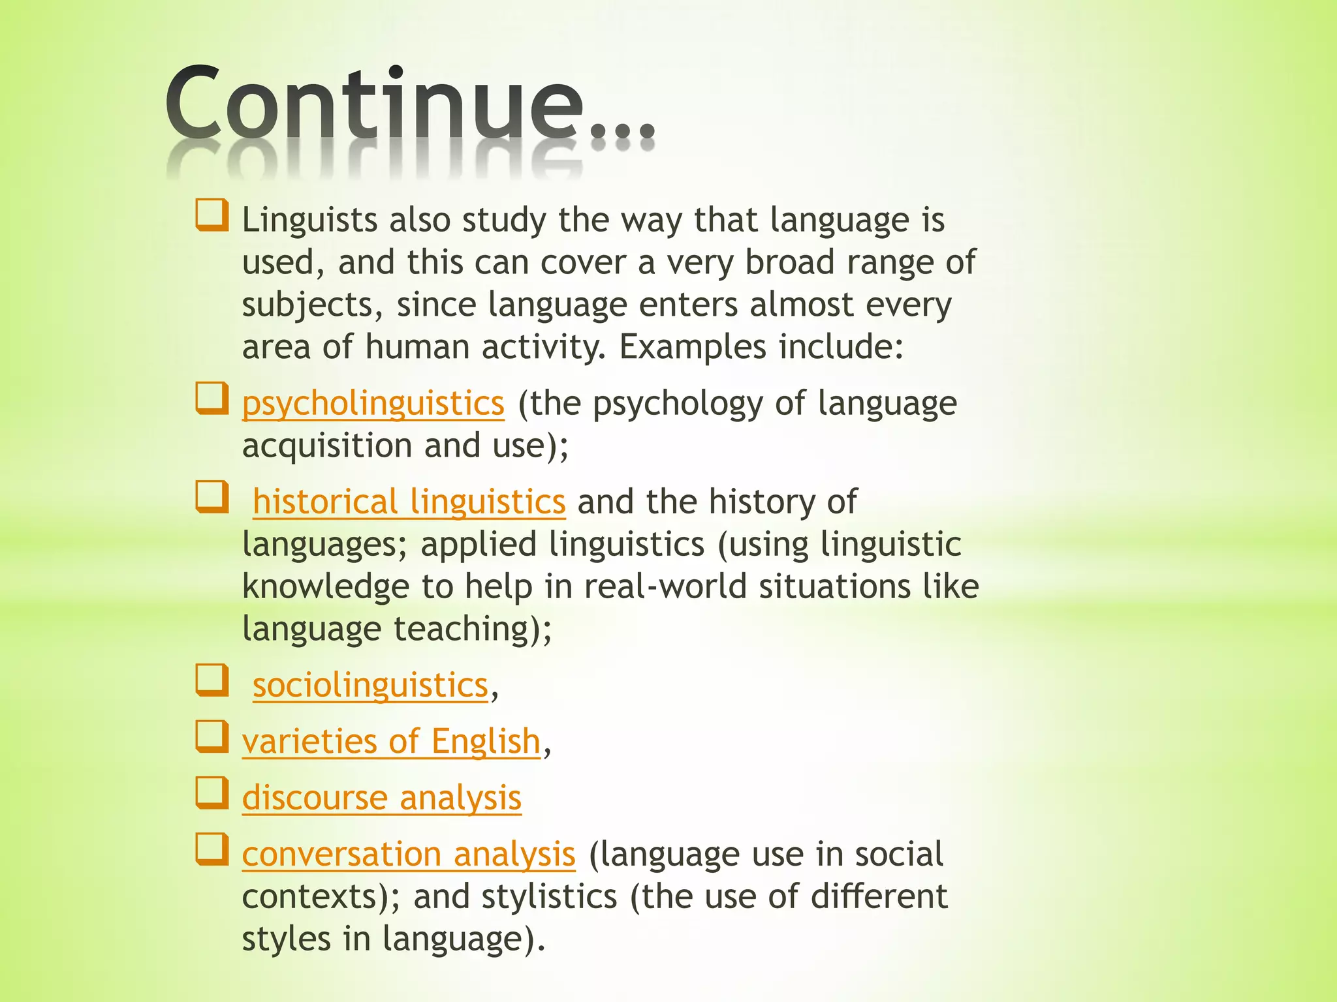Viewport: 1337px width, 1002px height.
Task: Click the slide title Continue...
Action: [409, 104]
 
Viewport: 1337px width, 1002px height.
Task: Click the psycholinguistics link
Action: [373, 404]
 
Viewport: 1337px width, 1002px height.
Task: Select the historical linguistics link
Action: [409, 502]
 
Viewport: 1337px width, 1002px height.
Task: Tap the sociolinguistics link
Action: [370, 686]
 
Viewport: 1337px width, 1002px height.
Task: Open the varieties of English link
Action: [391, 742]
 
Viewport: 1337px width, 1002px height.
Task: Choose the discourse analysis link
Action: [381, 798]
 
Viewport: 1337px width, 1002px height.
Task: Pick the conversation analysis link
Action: [409, 855]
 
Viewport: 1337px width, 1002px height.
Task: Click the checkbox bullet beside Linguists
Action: [212, 215]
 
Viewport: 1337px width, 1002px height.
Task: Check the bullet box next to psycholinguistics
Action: [212, 399]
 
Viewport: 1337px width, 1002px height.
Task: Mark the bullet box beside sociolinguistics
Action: [212, 680]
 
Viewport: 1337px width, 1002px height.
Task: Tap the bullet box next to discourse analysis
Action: [212, 793]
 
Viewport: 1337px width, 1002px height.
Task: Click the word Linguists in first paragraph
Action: [309, 220]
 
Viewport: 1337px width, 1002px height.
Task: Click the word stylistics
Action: [549, 896]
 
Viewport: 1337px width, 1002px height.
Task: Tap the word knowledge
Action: [324, 586]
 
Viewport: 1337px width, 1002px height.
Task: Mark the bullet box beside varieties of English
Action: [212, 736]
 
